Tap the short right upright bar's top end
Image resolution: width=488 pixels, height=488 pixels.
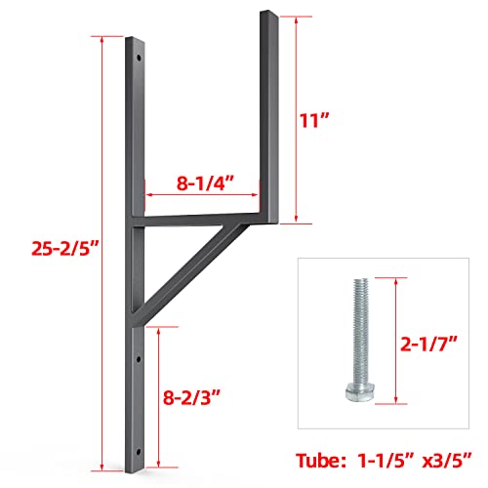tap(269, 15)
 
